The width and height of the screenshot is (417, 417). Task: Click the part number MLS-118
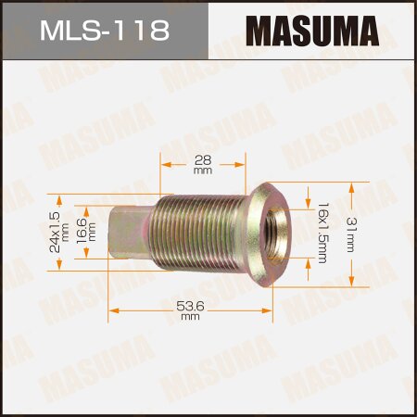103,32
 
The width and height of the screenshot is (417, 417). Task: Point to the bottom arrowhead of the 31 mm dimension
351,284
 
